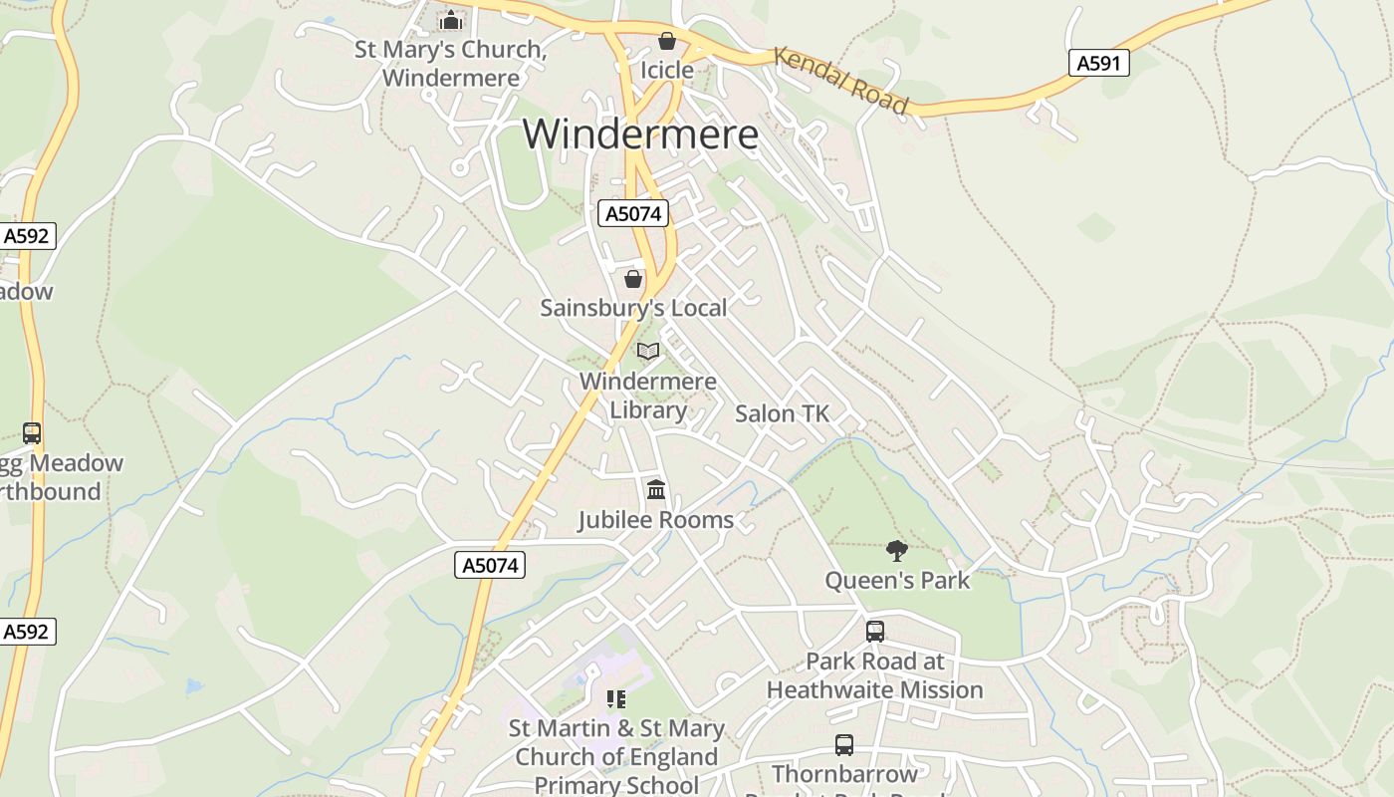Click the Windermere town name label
(640, 134)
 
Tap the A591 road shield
(1099, 64)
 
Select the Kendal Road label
(841, 81)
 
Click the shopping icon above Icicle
(666, 41)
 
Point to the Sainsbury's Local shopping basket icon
(632, 278)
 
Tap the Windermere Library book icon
(648, 351)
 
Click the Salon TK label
(782, 413)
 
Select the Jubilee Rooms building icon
(655, 489)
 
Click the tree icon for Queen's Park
(896, 550)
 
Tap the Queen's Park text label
(896, 580)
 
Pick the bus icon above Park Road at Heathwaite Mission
(874, 631)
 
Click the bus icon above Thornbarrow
(843, 744)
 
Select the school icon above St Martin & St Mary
(615, 698)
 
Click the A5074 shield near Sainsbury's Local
(632, 213)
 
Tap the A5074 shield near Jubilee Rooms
(491, 565)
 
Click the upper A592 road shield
(27, 236)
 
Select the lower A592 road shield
(27, 632)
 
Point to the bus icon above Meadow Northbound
(32, 433)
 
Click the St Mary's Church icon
(450, 20)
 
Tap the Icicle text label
(666, 70)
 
